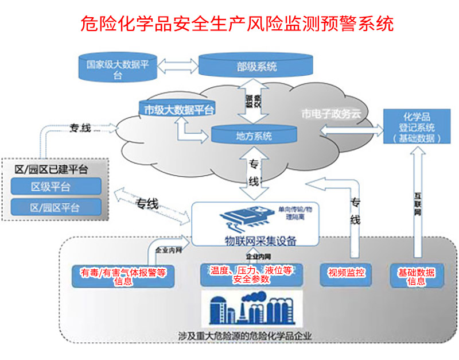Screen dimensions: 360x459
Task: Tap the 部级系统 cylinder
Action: click(x=256, y=66)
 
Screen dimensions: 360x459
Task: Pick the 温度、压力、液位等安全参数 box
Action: click(x=251, y=275)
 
